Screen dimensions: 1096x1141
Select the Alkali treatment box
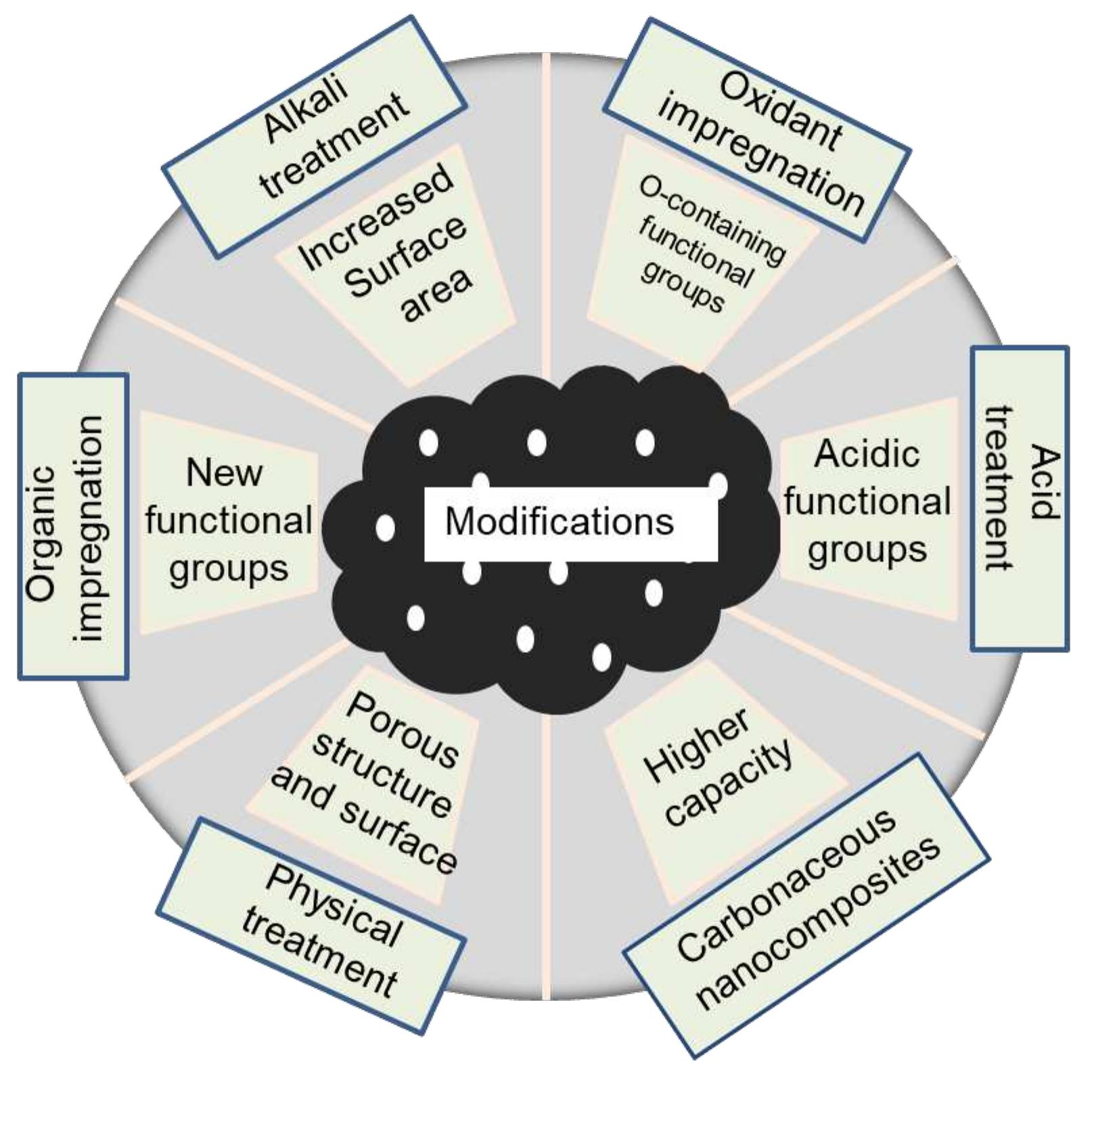tap(315, 137)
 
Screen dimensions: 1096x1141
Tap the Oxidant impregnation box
tap(757, 129)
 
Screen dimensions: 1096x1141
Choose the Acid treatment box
tap(1020, 499)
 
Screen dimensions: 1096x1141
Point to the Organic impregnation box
tap(73, 526)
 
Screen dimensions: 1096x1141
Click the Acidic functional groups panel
tap(869, 509)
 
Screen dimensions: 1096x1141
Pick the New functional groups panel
tap(229, 522)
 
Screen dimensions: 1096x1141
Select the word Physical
tap(334, 908)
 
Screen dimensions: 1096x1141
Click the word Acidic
tap(867, 453)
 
